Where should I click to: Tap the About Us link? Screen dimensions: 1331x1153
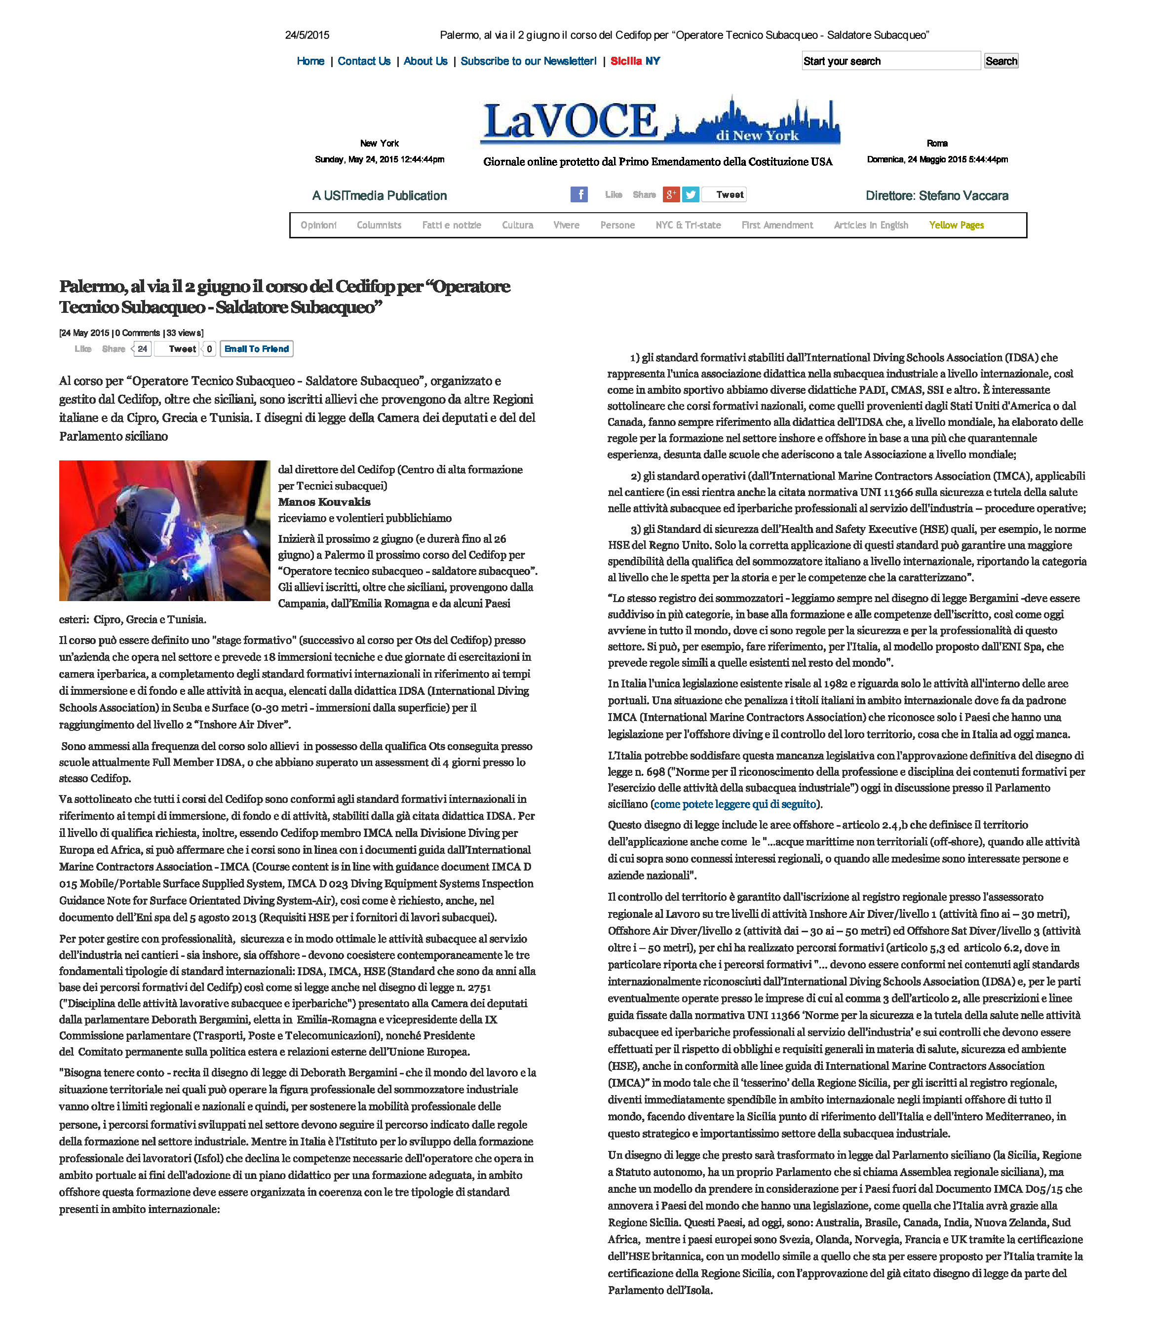coord(425,61)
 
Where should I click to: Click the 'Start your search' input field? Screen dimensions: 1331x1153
coord(890,61)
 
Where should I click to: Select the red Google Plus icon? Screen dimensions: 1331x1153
coord(671,194)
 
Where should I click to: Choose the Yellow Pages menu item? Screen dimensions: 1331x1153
coord(956,225)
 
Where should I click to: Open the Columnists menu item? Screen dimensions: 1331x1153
coord(379,225)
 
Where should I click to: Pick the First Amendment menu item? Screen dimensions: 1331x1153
coord(777,225)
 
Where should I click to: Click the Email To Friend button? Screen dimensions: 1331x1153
coord(256,349)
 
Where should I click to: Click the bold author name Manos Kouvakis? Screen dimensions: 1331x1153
coord(324,502)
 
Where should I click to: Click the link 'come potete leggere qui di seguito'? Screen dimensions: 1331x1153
coord(735,804)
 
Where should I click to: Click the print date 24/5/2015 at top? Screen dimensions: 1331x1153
coord(307,36)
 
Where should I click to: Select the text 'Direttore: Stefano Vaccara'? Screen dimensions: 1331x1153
coord(937,195)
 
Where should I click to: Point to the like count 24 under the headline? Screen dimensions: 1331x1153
coord(143,349)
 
